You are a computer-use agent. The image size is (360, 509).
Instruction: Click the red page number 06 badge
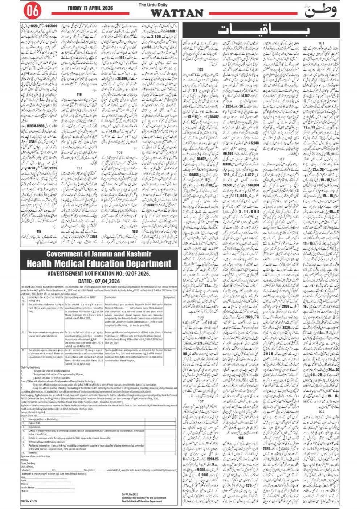32,11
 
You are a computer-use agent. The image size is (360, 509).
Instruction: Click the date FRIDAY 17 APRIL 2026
90,8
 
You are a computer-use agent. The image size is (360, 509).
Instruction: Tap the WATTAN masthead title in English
177,13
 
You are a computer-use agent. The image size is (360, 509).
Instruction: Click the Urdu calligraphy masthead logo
320,11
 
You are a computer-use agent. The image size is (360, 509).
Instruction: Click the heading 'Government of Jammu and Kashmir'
99,254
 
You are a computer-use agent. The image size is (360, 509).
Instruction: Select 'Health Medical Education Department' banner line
99,264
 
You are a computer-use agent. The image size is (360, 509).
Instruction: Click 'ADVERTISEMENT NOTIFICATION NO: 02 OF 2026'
99,274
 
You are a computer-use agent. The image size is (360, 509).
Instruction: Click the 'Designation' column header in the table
169,297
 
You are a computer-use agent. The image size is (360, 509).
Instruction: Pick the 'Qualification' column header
111,297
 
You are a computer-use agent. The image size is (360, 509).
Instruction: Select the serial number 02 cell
23,332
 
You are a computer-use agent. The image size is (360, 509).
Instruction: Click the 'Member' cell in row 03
168,350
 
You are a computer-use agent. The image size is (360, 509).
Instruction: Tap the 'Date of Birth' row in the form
35,423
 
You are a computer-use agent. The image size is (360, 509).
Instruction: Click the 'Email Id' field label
24,491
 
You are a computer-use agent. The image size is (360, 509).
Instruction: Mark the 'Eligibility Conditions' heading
30,368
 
